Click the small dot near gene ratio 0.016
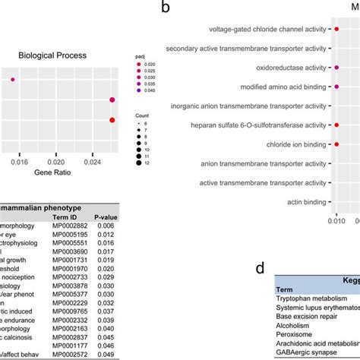pyautogui.click(x=12, y=79)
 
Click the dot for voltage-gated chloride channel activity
pyautogui.click(x=336, y=30)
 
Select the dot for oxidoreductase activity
pyautogui.click(x=336, y=68)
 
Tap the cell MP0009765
pyautogui.click(x=68, y=289)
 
